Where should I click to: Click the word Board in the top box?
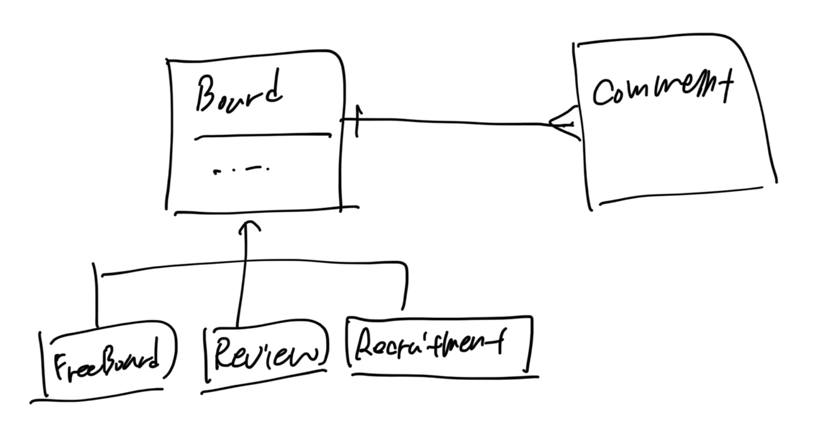(238, 94)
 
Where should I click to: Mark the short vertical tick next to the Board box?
(356, 121)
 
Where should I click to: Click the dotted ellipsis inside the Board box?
(241, 169)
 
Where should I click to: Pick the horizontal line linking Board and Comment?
(454, 121)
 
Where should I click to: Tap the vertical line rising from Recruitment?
(405, 287)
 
